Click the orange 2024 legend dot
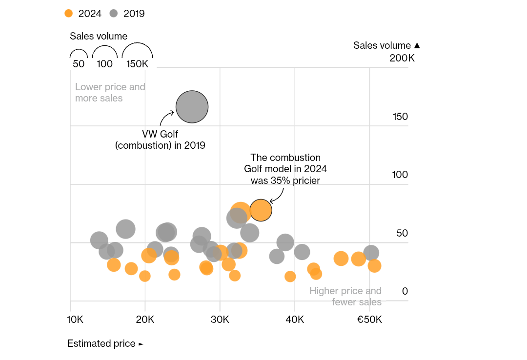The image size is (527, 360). pyautogui.click(x=68, y=14)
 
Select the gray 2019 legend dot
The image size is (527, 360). pyautogui.click(x=114, y=14)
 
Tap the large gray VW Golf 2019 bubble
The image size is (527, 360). pyautogui.click(x=192, y=107)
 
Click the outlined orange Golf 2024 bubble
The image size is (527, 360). pyautogui.click(x=261, y=210)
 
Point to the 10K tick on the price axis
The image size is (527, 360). pyautogui.click(x=75, y=320)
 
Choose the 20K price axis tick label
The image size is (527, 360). pyautogui.click(x=145, y=320)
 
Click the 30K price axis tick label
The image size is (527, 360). pyautogui.click(x=220, y=320)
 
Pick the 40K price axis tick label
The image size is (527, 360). pyautogui.click(x=295, y=320)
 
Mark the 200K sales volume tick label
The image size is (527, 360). pyautogui.click(x=402, y=59)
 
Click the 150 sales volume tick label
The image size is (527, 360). pyautogui.click(x=400, y=117)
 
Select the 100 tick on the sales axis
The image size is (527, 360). pyautogui.click(x=400, y=175)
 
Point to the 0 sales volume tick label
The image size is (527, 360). pyautogui.click(x=405, y=291)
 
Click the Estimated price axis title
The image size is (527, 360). pyautogui.click(x=101, y=343)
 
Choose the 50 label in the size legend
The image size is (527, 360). pyautogui.click(x=79, y=64)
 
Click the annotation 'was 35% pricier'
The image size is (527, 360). pyautogui.click(x=285, y=180)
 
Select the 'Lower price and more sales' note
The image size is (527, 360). pyautogui.click(x=110, y=93)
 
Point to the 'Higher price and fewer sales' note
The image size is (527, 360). pyautogui.click(x=345, y=296)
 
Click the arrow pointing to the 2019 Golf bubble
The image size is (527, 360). pyautogui.click(x=166, y=117)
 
